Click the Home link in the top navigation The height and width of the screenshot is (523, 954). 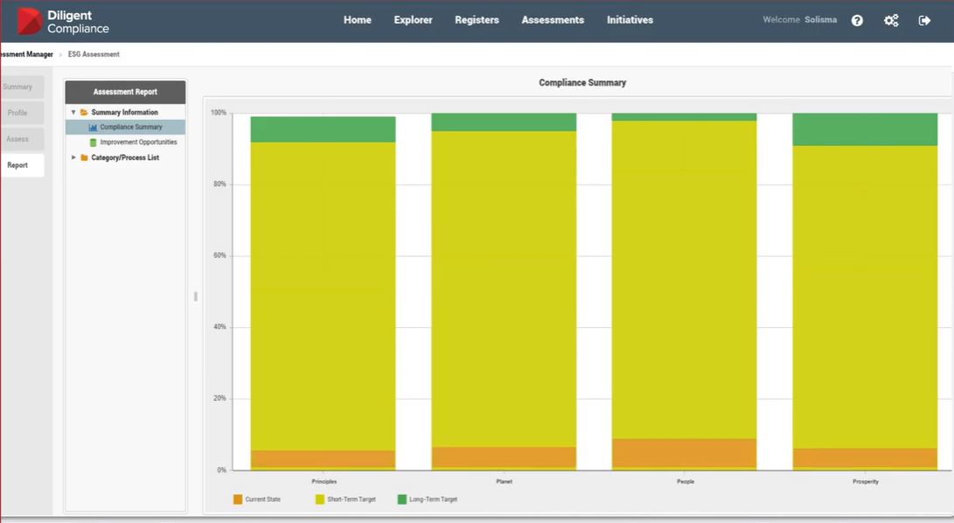pos(357,20)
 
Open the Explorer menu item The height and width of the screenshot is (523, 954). pos(413,20)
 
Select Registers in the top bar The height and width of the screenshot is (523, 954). pos(477,20)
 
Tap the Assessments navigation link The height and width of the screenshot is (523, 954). pos(553,20)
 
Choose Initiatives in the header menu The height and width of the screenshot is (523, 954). pos(630,20)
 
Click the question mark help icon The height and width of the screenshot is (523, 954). pos(857,20)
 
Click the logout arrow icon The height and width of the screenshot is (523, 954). pos(924,20)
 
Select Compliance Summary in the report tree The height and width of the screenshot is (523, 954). pos(130,128)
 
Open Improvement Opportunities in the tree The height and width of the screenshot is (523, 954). pos(137,143)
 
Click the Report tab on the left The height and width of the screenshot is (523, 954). pos(17,165)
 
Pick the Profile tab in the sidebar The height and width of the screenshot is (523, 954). pos(17,113)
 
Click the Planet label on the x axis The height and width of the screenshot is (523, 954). pos(504,482)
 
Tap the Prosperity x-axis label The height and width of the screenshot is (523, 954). pos(865,482)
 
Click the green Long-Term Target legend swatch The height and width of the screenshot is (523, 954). pos(402,499)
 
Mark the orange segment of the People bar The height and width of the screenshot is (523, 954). pos(684,452)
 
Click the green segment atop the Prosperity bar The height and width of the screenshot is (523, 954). pos(865,129)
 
